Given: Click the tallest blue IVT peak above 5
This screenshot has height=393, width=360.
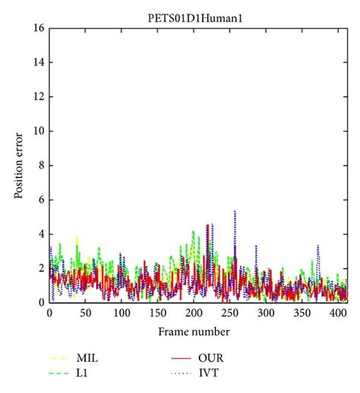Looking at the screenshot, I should tap(235, 211).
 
